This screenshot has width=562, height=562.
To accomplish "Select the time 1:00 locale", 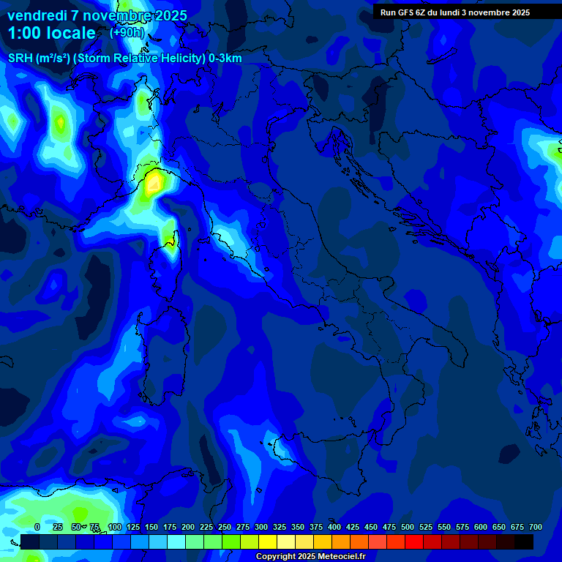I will (x=51, y=33).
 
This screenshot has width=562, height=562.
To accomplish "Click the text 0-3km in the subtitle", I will (x=225, y=59).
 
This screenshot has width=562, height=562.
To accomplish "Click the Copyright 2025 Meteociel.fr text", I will (x=310, y=557).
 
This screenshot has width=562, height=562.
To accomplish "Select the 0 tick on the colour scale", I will (x=37, y=528).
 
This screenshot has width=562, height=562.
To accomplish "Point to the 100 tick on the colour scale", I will (x=114, y=528).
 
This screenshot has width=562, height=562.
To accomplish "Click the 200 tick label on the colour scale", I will (x=188, y=528).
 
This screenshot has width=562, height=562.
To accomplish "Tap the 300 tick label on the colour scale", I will (x=261, y=528).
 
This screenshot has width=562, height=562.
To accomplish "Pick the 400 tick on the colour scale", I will (x=334, y=528).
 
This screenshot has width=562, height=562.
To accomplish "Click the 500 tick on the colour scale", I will (x=408, y=528).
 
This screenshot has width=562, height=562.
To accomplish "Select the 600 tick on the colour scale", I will (x=481, y=528).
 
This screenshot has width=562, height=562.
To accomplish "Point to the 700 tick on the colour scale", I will (x=536, y=528).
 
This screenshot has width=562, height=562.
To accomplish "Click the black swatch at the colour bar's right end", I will (x=524, y=542).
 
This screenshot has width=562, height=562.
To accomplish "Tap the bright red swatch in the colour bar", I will (x=414, y=542).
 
